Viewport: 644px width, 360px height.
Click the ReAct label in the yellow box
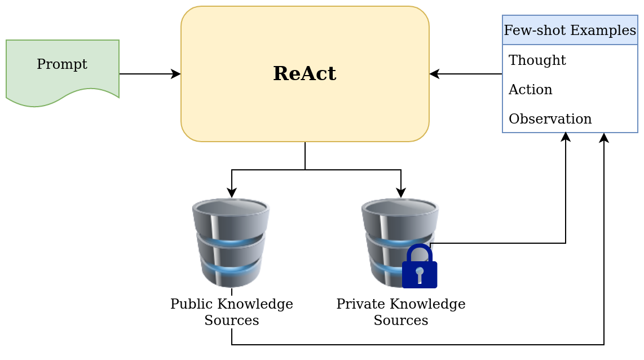point(305,74)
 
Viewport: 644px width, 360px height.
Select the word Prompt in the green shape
point(62,64)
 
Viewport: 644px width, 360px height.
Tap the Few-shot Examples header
point(570,30)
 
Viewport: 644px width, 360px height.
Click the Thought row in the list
point(537,60)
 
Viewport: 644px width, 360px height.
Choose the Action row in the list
point(530,89)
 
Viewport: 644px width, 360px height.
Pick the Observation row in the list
point(550,119)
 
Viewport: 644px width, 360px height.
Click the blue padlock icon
point(420,266)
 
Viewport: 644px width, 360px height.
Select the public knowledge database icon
point(231,243)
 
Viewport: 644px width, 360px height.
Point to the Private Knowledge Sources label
point(400,312)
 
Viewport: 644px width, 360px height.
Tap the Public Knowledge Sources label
point(231,312)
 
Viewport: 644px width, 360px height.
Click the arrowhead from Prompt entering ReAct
point(177,74)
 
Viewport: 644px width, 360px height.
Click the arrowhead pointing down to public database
point(232,194)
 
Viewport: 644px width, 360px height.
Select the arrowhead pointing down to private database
point(401,194)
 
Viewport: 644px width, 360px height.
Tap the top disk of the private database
point(400,208)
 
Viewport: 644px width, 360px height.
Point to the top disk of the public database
point(231,208)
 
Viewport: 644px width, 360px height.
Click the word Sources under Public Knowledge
point(231,321)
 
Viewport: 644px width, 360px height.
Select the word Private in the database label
point(357,304)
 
